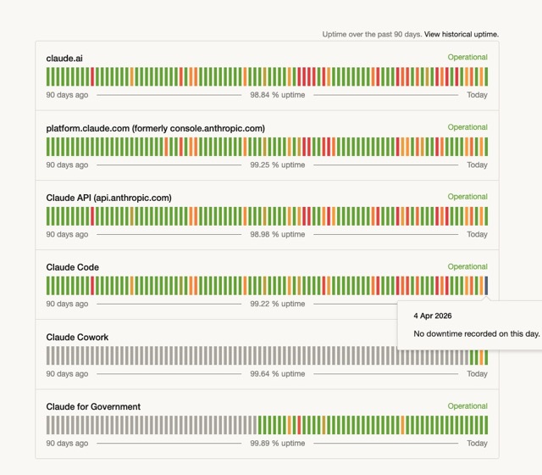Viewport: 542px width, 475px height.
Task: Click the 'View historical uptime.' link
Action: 462,35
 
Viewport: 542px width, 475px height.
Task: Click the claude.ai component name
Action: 64,59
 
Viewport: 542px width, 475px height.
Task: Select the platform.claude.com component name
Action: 155,128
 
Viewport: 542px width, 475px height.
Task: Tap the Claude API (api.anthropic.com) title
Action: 108,198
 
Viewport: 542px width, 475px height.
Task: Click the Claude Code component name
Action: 72,267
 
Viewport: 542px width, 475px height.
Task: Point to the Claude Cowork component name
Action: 77,337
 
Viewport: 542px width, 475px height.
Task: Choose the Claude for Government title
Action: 93,406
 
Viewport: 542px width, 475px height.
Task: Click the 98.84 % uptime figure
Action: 278,95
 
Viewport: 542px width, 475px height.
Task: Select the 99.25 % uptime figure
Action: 278,165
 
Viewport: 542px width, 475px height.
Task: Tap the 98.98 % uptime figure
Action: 278,234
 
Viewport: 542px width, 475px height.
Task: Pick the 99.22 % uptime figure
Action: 278,304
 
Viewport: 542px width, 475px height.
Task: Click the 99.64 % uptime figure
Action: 278,373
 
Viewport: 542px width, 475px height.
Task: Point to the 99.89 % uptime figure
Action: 278,443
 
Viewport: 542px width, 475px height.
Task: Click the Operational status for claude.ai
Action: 467,58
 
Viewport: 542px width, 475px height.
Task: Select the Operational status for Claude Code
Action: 467,266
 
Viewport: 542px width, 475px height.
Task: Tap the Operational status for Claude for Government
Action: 467,405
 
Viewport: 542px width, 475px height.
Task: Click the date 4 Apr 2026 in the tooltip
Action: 433,316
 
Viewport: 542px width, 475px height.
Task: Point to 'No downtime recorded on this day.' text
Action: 476,333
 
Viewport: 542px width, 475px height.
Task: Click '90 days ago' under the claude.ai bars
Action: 67,95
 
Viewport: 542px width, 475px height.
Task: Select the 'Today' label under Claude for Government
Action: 477,443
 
